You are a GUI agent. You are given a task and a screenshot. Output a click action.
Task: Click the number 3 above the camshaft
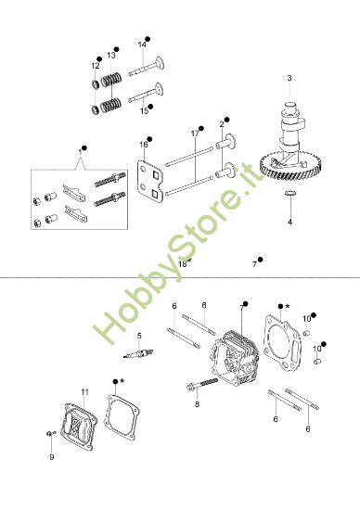point(289,77)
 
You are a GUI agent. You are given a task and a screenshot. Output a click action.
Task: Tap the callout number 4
point(289,223)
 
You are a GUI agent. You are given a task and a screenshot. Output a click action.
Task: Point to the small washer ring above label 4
point(289,193)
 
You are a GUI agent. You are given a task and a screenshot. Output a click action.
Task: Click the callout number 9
point(52,457)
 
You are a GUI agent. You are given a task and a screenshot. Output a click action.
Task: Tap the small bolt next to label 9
point(49,434)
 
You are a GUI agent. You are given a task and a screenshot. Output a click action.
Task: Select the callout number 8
point(196,404)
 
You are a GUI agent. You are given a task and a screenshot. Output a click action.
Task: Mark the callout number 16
point(144,145)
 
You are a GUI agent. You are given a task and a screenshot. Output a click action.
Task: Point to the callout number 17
point(195,134)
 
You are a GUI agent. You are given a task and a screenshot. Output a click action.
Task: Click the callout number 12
point(95,66)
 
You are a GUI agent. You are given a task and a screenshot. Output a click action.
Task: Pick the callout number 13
point(110,56)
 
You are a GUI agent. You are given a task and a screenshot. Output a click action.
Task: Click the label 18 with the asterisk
point(184,263)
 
